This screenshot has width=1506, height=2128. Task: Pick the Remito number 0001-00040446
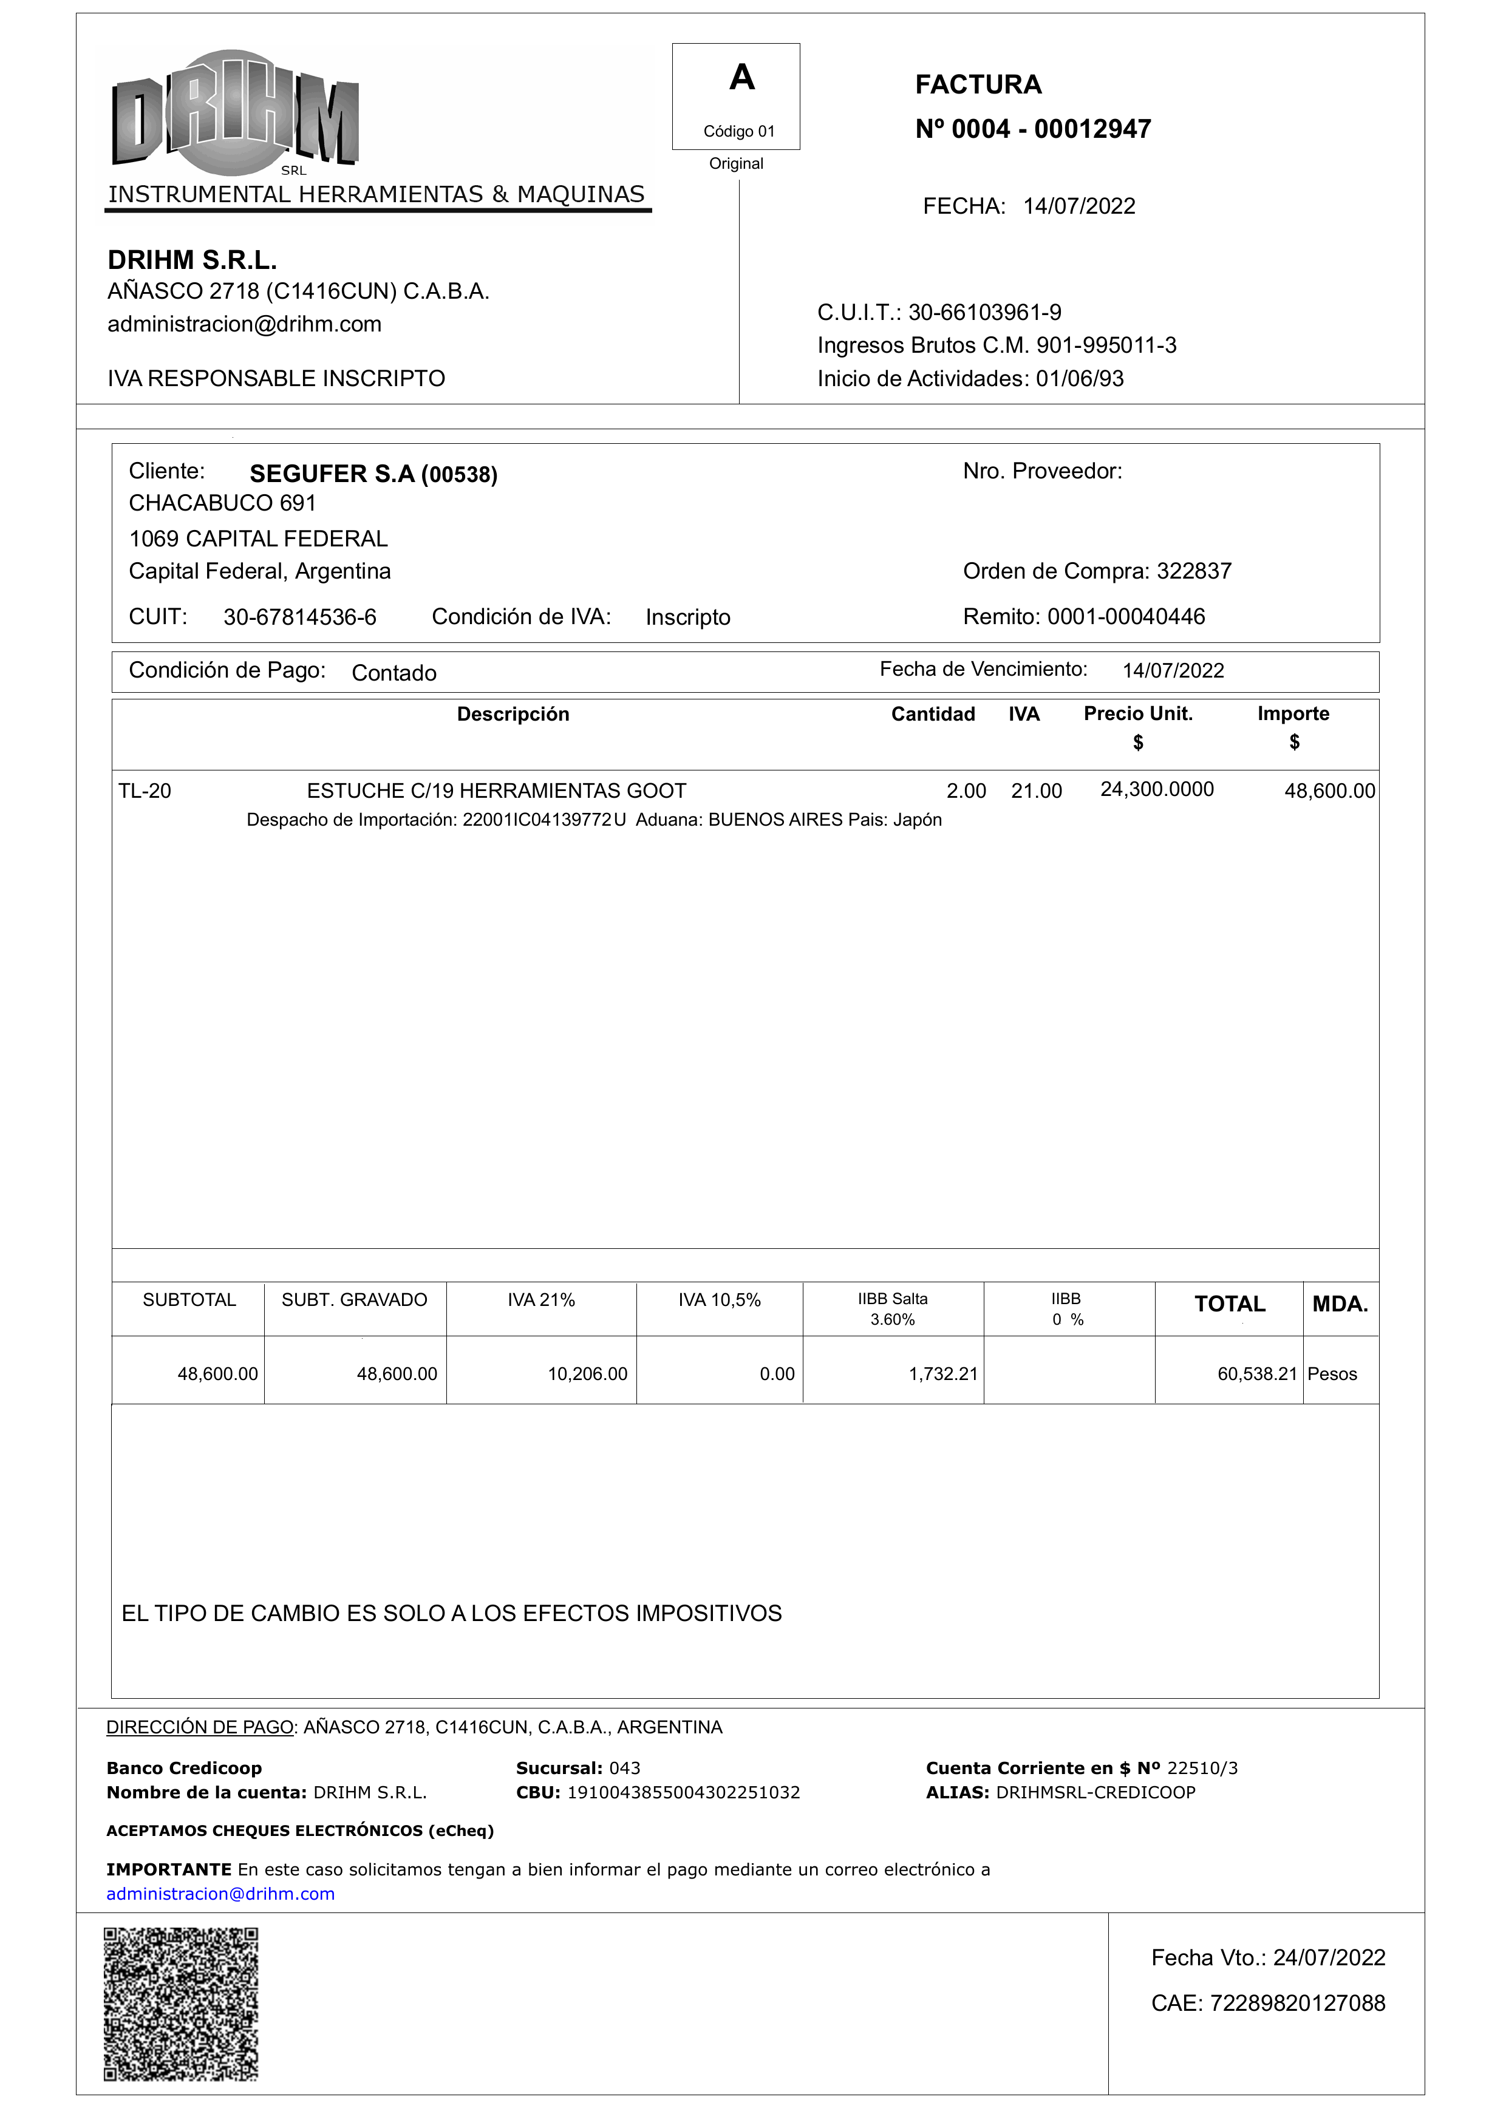tap(1126, 617)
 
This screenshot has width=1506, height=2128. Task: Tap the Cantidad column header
tap(932, 714)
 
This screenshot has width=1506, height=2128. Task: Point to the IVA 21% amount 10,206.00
tap(587, 1374)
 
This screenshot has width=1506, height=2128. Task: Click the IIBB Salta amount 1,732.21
tap(942, 1374)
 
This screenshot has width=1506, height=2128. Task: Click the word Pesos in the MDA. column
tap(1332, 1374)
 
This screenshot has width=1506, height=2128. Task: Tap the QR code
tap(181, 2004)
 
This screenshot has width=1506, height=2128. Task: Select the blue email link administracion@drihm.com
tap(220, 1894)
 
